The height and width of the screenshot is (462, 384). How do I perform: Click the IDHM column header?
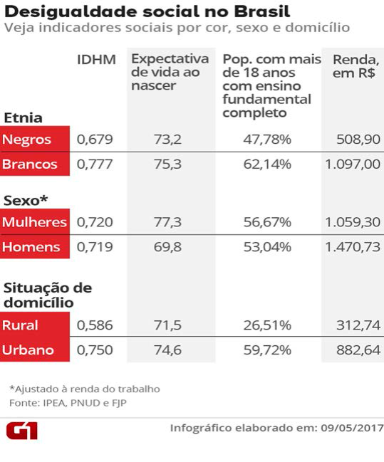click(x=95, y=59)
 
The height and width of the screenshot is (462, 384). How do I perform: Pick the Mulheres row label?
click(x=34, y=222)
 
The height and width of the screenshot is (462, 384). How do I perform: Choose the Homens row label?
click(x=31, y=247)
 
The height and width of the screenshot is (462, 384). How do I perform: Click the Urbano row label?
click(x=28, y=350)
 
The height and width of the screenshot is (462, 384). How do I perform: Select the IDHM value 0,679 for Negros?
click(x=95, y=139)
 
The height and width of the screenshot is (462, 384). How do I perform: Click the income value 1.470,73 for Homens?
click(x=353, y=247)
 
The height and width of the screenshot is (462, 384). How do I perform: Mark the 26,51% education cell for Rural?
click(x=267, y=325)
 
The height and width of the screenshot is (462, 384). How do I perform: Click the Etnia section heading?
click(x=23, y=117)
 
